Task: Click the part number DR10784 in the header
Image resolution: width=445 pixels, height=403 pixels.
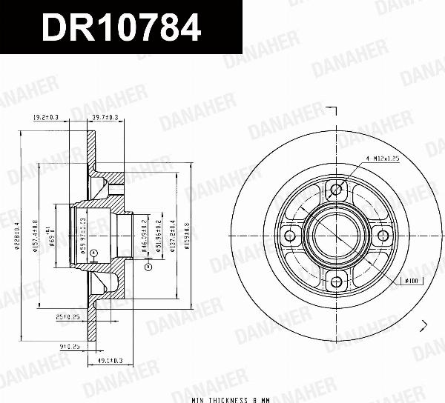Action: (121, 27)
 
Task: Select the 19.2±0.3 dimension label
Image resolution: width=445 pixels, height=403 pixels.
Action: (47, 117)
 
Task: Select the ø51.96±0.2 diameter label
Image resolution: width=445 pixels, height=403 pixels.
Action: (159, 235)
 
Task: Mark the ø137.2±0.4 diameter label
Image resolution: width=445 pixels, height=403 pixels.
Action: (173, 235)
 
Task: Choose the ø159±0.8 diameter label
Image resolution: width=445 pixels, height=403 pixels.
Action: (187, 235)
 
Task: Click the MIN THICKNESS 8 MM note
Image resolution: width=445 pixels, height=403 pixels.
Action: (229, 399)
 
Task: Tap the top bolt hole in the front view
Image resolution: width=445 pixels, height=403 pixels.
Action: (337, 190)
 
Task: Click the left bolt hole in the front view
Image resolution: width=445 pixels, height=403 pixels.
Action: (290, 236)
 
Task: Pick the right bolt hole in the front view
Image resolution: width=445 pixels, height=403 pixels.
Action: (383, 236)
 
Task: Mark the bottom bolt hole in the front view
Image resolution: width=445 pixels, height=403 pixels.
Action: (337, 282)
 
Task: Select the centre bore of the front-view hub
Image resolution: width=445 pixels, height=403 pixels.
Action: (337, 236)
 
